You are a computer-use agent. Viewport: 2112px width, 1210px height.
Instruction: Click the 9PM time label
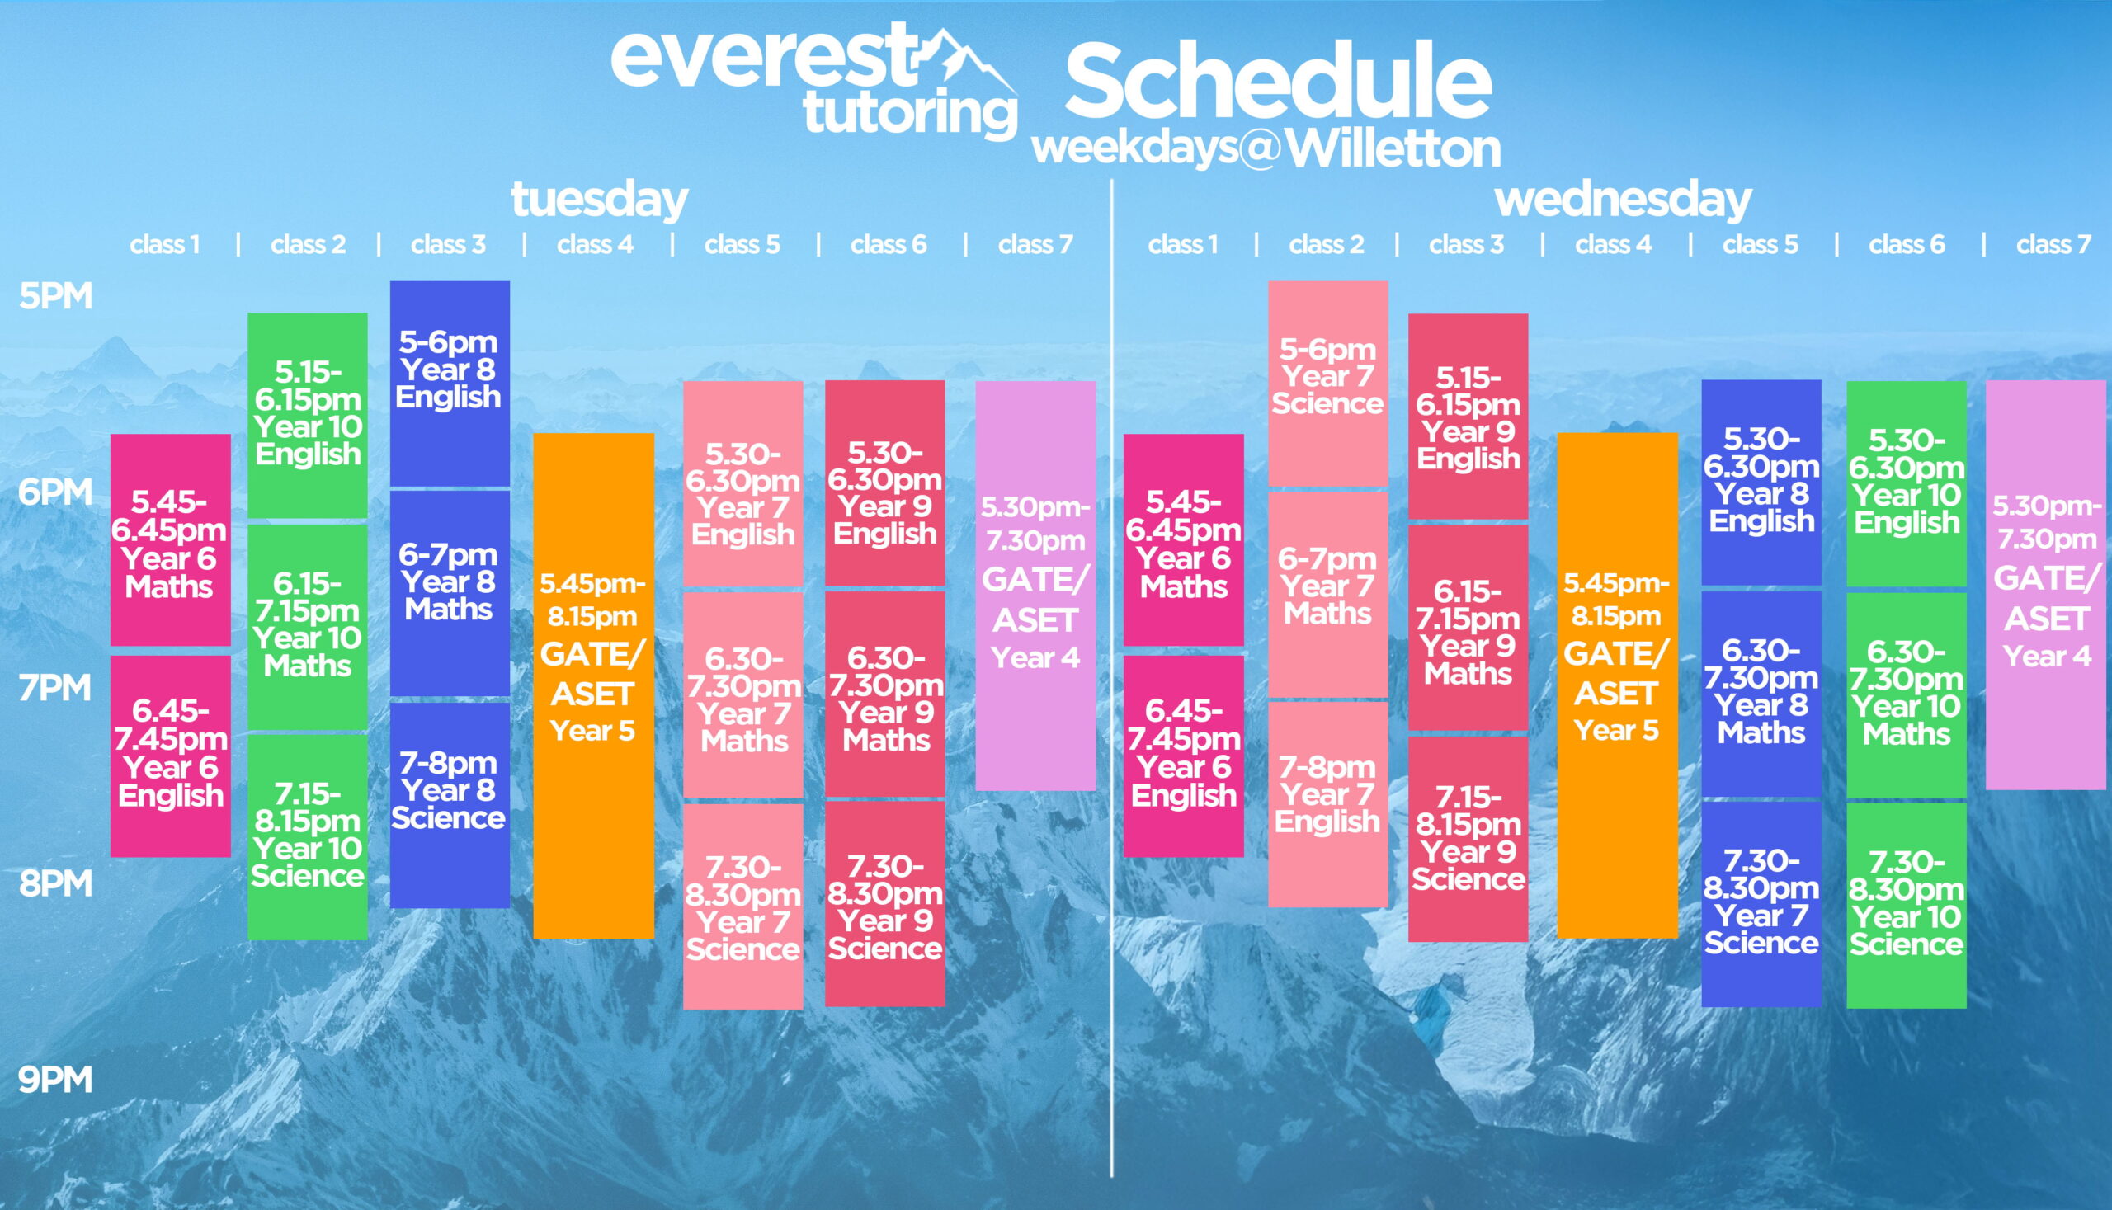[54, 1080]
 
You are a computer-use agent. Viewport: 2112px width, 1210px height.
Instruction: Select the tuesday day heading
[599, 200]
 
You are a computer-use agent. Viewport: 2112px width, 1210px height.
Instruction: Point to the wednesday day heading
[1623, 200]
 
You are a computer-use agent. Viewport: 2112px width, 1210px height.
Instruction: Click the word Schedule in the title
[1279, 82]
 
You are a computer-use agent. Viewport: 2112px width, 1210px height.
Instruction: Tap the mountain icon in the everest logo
[969, 59]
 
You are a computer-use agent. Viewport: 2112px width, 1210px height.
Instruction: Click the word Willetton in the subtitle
[1393, 148]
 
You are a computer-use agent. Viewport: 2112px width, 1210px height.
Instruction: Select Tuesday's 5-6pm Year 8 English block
[450, 383]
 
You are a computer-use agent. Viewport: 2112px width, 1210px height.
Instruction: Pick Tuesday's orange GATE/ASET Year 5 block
[593, 685]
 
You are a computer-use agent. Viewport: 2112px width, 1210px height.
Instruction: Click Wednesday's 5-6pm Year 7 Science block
[1328, 383]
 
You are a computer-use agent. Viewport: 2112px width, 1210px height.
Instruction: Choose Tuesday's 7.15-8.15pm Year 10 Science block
[308, 837]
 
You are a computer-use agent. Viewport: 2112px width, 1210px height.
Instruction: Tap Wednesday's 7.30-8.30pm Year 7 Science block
[1761, 904]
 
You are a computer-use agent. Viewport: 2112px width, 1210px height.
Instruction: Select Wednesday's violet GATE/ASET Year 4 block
[2047, 585]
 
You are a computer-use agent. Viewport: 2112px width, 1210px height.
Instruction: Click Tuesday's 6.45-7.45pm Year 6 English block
[171, 756]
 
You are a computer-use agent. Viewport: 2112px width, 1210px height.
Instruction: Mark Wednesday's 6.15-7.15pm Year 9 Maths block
[1468, 628]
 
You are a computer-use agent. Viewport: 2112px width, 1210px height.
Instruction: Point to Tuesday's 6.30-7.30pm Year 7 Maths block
[743, 694]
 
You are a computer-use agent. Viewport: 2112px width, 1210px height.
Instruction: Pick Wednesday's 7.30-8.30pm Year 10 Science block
[1907, 906]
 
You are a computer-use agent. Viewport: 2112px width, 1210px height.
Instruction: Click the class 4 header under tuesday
[595, 244]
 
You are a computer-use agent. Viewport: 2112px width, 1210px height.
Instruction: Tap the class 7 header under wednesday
[2053, 244]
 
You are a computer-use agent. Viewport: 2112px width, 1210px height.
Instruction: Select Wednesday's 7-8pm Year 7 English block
[1328, 804]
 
